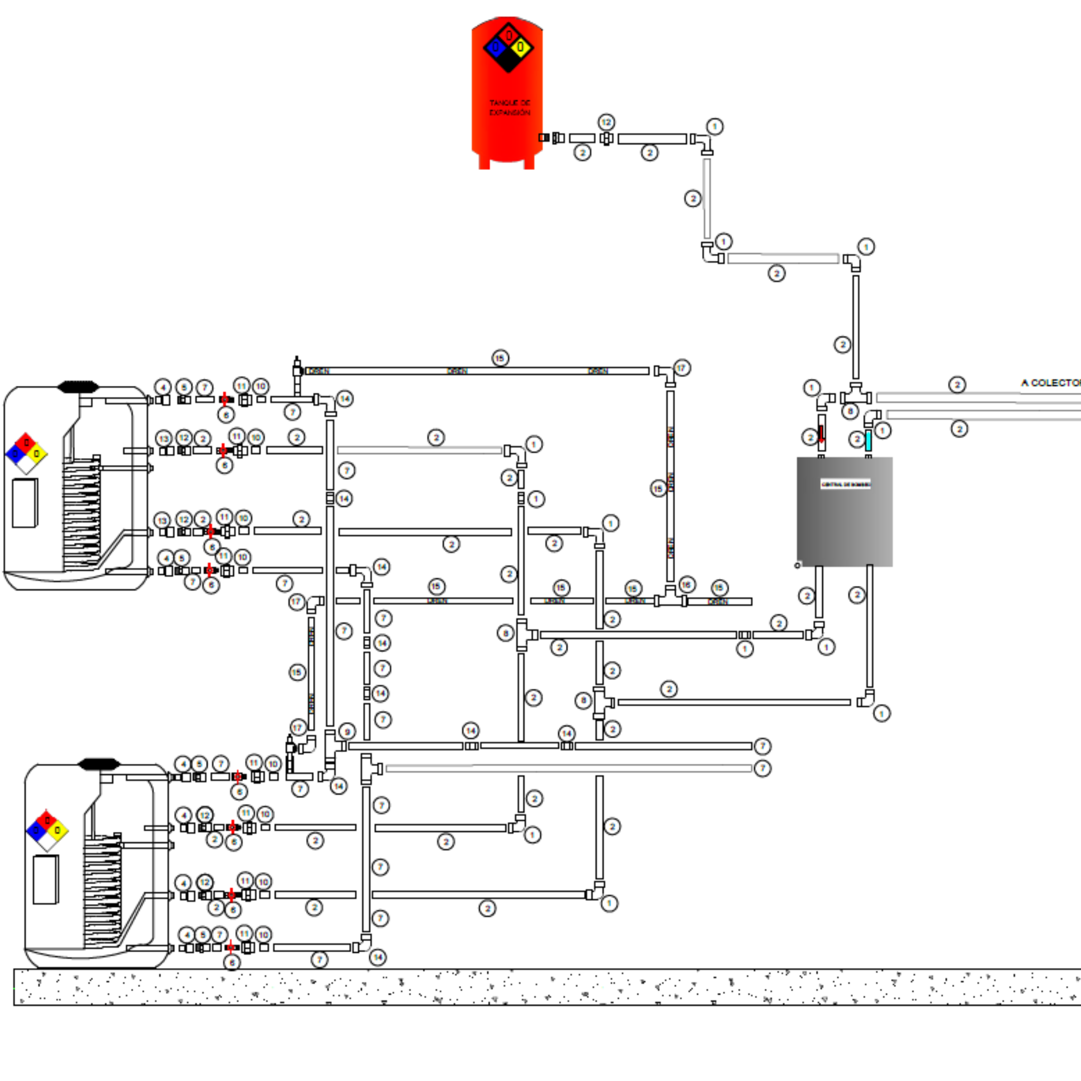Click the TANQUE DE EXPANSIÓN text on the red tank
coord(509,108)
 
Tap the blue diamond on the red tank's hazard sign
coord(495,48)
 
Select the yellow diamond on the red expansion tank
coord(521,48)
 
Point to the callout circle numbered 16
coord(687,585)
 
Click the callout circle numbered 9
coord(347,731)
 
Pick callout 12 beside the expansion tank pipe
coord(606,122)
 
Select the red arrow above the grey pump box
coord(821,434)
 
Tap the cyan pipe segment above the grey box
coord(868,440)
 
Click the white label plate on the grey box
coord(846,484)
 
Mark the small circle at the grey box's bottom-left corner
coord(798,566)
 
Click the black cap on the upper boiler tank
coord(78,386)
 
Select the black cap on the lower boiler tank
coord(99,764)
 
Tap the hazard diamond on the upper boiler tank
coord(26,453)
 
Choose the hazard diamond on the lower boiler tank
coord(47,830)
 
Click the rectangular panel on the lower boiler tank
coord(45,879)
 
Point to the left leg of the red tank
coord(484,162)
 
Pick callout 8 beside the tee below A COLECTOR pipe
coord(850,411)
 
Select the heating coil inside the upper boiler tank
coord(82,515)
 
